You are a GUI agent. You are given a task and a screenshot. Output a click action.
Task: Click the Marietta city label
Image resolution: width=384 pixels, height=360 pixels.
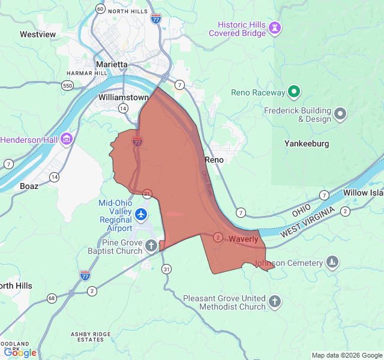coord(112,64)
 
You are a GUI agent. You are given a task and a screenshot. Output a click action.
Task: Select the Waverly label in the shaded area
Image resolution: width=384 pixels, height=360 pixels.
coord(243,239)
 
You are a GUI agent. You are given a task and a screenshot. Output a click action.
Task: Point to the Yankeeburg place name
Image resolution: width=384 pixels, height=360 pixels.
coord(307,143)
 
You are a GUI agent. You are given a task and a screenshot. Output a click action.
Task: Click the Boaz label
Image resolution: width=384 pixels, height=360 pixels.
coord(29,186)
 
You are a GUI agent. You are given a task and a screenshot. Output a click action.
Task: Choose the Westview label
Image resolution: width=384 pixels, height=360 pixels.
coord(38,34)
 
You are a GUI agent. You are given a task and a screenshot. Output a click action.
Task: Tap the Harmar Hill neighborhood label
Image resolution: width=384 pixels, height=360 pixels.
coord(87,73)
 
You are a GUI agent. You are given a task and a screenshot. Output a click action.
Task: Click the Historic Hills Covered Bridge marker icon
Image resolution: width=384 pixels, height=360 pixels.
coord(275,28)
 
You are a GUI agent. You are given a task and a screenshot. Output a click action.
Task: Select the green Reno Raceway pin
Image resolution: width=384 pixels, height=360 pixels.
coord(293,92)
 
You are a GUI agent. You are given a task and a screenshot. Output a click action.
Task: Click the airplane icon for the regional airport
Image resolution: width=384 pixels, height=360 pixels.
coord(141,214)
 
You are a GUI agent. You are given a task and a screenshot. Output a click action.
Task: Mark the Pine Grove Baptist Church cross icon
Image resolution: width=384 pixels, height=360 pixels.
coord(151,245)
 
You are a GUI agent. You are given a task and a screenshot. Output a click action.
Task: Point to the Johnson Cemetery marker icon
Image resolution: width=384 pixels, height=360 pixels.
coord(332,262)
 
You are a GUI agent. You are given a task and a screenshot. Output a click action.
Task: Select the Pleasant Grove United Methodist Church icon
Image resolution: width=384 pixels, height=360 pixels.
coord(275,301)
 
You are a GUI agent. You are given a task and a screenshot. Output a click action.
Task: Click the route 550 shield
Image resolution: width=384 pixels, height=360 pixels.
coord(68,86)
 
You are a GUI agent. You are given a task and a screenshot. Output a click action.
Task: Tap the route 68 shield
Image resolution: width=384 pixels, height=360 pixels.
coord(52,298)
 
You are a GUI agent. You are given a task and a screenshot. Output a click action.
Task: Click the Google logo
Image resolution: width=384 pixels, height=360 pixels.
coord(20,353)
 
